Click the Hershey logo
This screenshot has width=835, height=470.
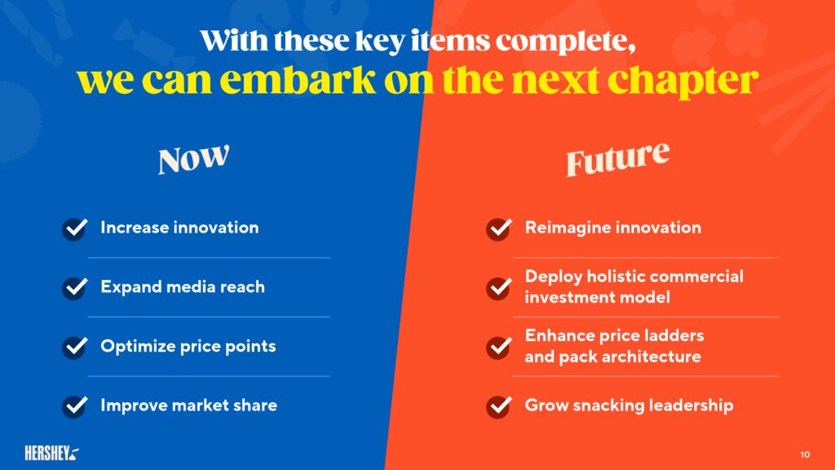[x=51, y=454]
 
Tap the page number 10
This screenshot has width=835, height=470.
[x=805, y=454]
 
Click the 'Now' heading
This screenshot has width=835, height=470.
[x=194, y=159]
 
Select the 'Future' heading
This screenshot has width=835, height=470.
[x=617, y=158]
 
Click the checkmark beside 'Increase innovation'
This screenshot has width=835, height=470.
[x=75, y=228]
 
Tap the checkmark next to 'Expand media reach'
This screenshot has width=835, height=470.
[x=75, y=288]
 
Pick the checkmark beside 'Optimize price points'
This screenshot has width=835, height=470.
[x=75, y=347]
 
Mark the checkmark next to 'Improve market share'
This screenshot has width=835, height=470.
[x=75, y=406]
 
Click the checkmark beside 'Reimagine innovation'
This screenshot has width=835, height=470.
[x=499, y=228]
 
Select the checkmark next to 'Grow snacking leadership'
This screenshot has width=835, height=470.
[x=499, y=406]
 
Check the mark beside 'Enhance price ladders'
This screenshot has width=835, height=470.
[x=499, y=347]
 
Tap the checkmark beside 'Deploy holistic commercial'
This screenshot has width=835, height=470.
[x=499, y=288]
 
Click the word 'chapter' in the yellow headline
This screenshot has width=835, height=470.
[x=683, y=81]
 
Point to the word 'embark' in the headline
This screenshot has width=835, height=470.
[x=298, y=80]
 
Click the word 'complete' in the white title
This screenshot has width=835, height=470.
[x=566, y=42]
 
